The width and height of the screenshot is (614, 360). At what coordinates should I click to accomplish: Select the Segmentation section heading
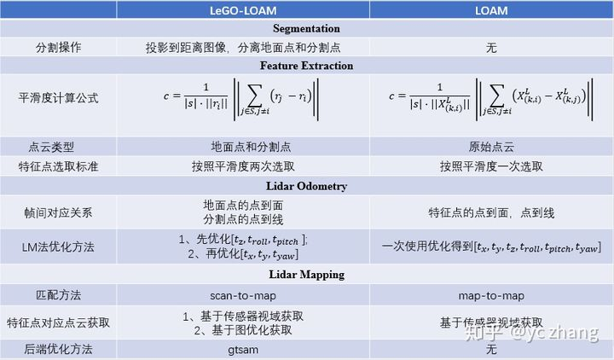307,28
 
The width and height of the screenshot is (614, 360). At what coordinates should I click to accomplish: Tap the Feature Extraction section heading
307,66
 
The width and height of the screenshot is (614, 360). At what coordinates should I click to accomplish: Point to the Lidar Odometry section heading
307,185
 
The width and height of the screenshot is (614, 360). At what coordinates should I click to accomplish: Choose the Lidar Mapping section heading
307,274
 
